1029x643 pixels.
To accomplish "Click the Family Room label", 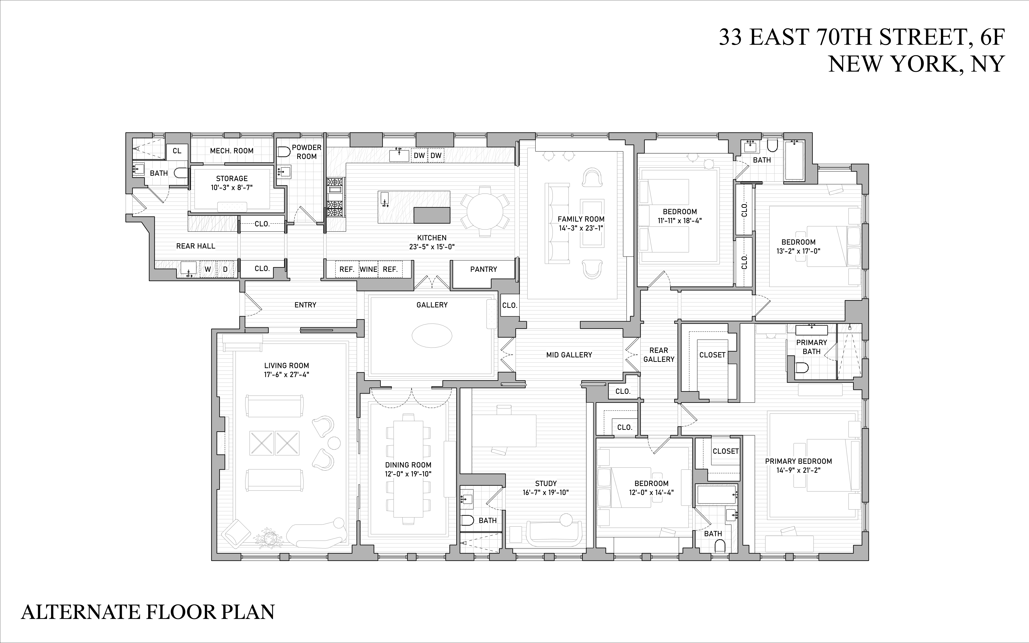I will click(581, 219).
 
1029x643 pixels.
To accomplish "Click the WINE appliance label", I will click(368, 269).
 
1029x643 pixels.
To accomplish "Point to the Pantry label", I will click(483, 269).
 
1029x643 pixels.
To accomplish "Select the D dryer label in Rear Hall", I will click(225, 269).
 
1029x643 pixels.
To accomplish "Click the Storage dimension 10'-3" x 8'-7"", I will click(232, 187).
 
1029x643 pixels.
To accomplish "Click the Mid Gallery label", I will click(569, 355).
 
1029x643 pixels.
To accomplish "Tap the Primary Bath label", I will click(811, 346).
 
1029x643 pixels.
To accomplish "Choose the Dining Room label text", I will click(408, 465).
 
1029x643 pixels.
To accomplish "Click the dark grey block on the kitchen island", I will click(432, 215).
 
